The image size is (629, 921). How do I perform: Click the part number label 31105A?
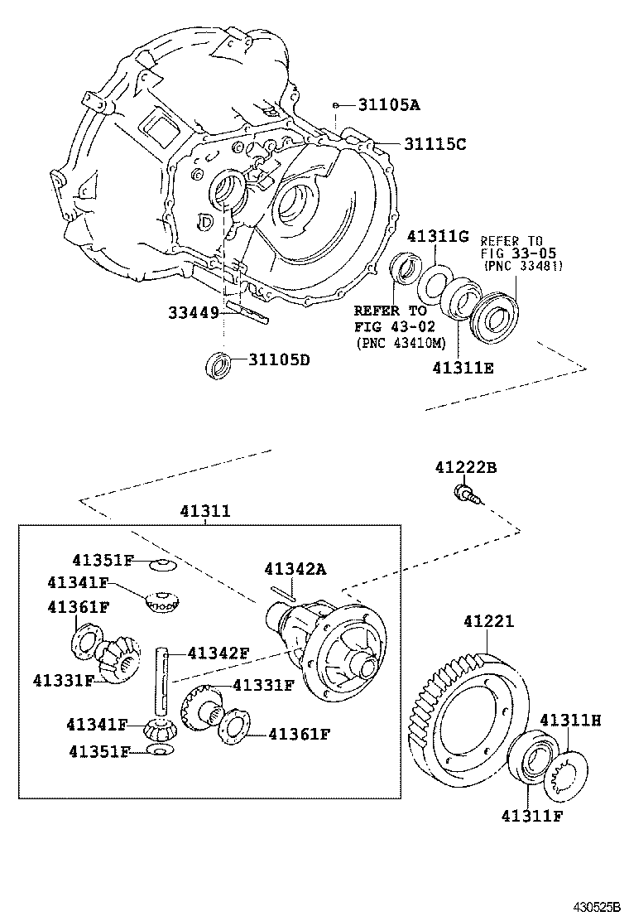click(389, 105)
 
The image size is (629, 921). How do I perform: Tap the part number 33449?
click(193, 313)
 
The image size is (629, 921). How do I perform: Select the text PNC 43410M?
click(399, 343)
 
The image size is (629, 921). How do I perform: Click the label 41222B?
click(465, 469)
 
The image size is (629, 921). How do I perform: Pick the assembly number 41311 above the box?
click(205, 513)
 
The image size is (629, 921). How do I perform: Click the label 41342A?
click(295, 569)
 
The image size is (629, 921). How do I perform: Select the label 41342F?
click(218, 653)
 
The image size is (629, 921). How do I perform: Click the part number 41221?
click(488, 620)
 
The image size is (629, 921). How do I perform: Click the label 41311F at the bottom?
click(531, 816)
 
